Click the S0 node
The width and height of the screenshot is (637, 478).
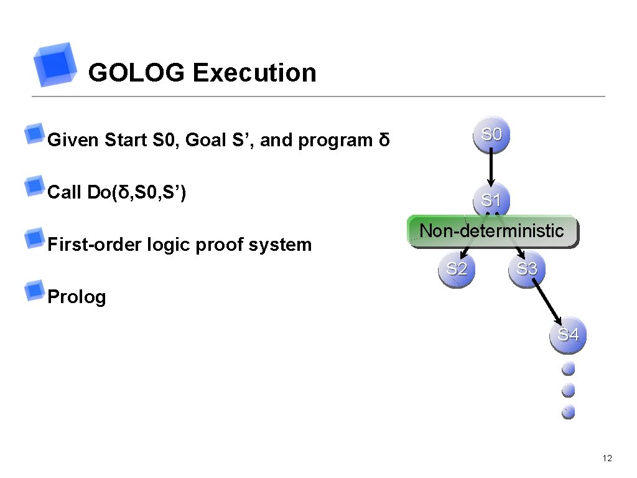[x=491, y=134]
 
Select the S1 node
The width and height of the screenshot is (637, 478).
[x=491, y=200]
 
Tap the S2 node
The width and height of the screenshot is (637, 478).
[x=457, y=269]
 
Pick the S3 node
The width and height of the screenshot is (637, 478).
[x=527, y=269]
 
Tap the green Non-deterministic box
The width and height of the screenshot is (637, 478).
[x=491, y=232]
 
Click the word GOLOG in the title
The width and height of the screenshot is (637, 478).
[x=136, y=73]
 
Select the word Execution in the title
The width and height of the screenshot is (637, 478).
[x=254, y=73]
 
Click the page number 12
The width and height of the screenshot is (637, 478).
[x=608, y=459]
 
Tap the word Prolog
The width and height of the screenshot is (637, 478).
[x=77, y=297]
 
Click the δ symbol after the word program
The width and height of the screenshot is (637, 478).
[x=384, y=140]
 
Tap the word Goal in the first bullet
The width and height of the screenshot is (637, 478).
[x=205, y=140]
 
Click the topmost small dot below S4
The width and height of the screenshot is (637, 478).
[x=568, y=369]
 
